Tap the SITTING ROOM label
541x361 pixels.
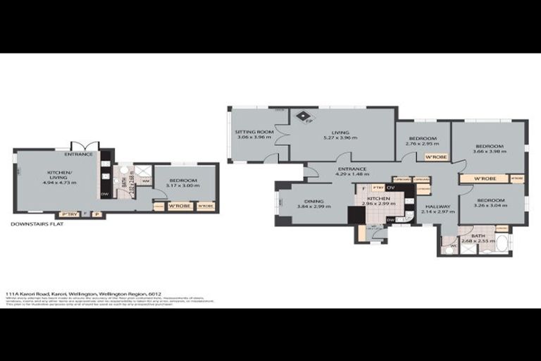(254, 132)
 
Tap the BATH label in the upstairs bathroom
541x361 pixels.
(478, 235)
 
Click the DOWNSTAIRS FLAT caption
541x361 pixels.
(37, 224)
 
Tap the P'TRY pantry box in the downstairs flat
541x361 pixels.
(68, 214)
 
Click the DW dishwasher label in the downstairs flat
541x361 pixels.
(104, 195)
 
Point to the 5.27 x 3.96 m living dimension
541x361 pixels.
(340, 137)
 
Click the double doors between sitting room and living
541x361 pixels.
(282, 134)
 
